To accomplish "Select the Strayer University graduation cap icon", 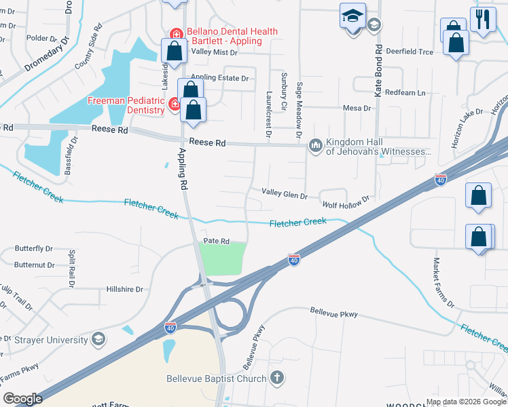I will (98, 339).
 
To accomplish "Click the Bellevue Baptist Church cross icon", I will (276, 377).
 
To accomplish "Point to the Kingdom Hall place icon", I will (315, 146).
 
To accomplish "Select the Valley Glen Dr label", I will (285, 194).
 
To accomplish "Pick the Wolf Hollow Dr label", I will (346, 201).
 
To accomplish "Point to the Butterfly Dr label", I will (33, 249).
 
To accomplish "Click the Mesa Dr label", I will (357, 108).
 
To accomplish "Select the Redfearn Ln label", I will (404, 92).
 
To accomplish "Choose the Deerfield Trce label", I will (409, 52).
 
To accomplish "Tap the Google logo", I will (22, 399).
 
